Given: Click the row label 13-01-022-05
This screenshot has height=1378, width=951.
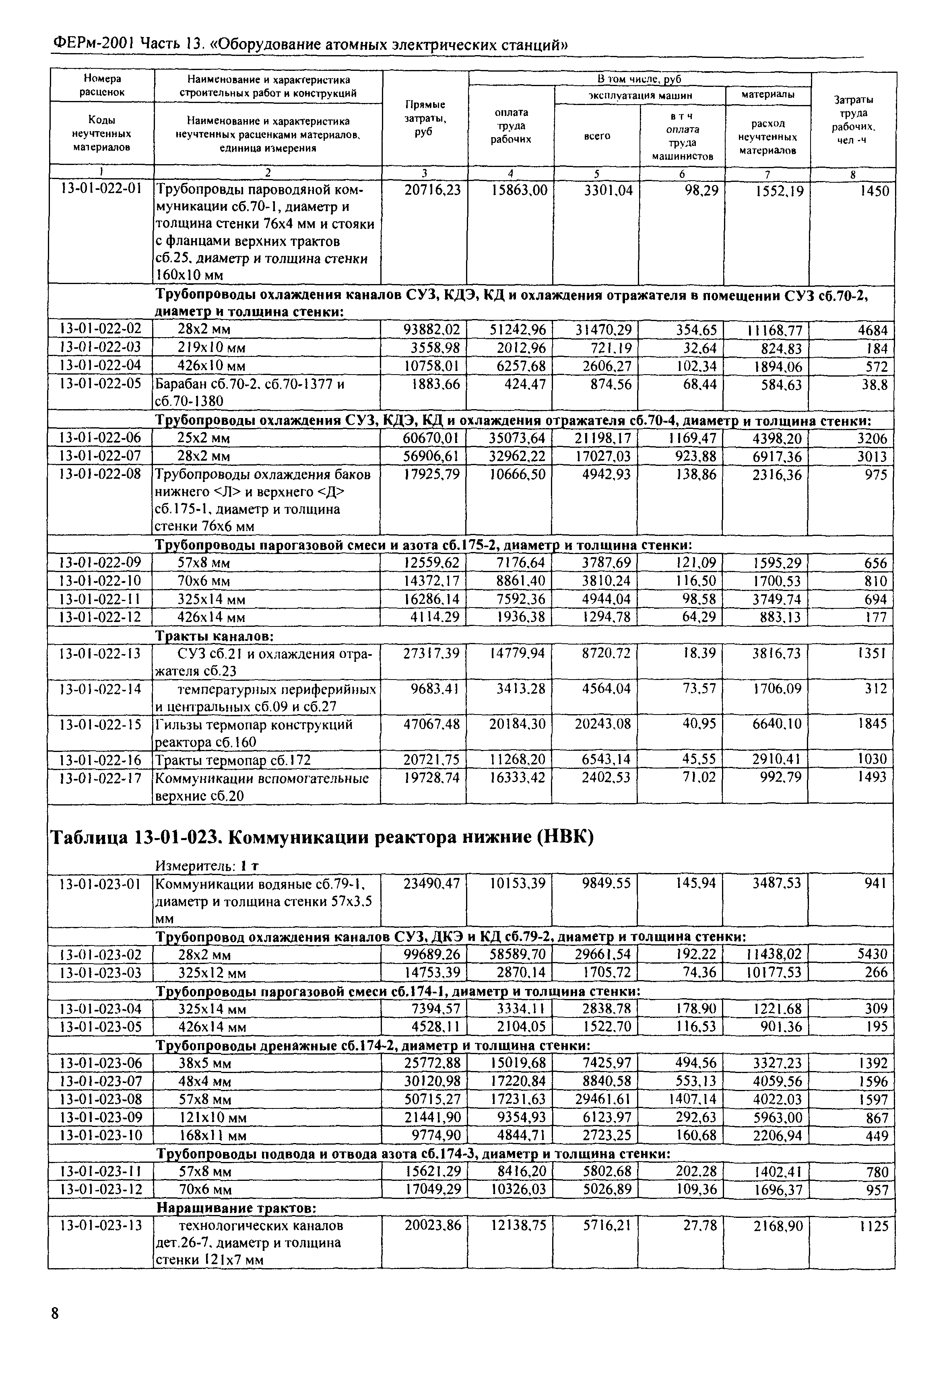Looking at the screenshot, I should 101,384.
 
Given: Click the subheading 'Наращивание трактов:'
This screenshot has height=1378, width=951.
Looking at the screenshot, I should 235,1208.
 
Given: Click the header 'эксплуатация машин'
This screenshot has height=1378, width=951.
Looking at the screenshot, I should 640,95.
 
